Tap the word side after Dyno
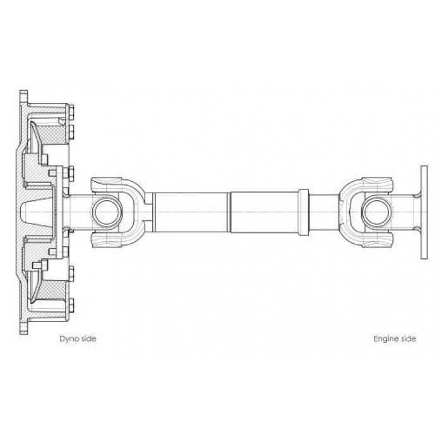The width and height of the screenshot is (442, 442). tap(88, 338)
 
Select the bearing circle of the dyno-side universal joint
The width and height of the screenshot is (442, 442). tap(107, 212)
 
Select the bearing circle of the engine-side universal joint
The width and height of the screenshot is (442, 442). tap(376, 212)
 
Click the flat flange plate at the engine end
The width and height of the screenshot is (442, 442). tap(424, 212)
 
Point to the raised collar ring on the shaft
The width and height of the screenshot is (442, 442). tap(303, 212)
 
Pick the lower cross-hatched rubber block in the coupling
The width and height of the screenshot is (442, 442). tap(52, 290)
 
